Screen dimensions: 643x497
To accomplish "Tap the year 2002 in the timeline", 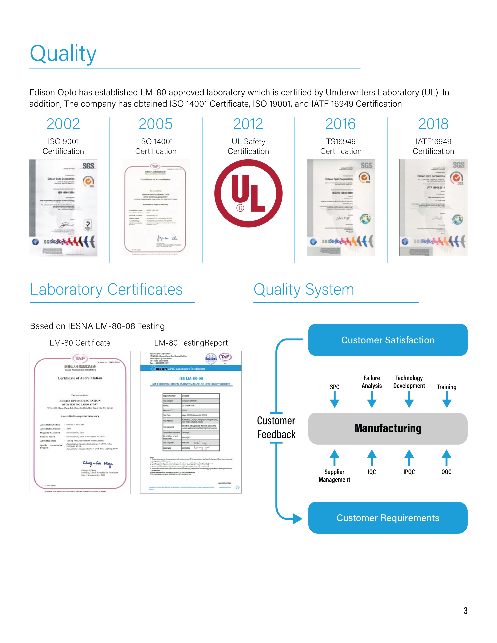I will coord(63,124).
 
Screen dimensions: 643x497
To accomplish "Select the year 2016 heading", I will coord(341,124).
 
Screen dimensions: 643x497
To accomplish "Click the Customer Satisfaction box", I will coord(388,340).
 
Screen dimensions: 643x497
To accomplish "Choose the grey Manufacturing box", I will coord(388,428).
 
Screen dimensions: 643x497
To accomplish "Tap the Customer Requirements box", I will coord(388,518).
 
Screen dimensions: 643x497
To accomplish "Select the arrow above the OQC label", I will coord(446,457).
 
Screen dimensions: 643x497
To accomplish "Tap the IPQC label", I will coord(409,472).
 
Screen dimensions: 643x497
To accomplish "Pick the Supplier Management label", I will coord(335,476).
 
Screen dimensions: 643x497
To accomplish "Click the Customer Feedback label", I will coord(276,428).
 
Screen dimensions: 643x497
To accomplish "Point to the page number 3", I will coord(465,611).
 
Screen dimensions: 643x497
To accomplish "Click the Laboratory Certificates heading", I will coord(106,289).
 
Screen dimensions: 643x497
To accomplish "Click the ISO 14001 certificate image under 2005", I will coord(156,208).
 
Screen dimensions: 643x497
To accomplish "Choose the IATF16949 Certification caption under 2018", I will coord(433,146).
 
